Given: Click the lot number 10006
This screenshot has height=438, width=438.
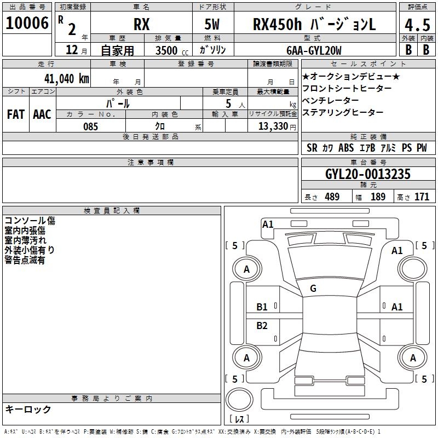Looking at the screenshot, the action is [x=27, y=23].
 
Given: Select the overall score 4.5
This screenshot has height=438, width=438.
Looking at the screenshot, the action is [x=417, y=25].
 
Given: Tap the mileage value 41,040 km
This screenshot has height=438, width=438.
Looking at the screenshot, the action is [x=66, y=79].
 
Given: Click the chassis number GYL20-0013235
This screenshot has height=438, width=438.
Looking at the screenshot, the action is [x=368, y=174].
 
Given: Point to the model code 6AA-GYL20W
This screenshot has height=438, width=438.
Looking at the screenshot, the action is [x=314, y=50].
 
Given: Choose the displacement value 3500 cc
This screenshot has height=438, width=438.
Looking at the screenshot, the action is [x=172, y=50].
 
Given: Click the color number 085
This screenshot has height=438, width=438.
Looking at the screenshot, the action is [x=90, y=126].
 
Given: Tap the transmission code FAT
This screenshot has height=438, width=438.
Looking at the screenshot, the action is [x=16, y=114].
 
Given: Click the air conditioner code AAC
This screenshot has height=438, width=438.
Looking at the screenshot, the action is [x=42, y=114].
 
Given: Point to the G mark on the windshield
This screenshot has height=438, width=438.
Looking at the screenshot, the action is [x=313, y=289].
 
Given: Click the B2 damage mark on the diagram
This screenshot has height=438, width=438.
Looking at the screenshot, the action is [x=262, y=325].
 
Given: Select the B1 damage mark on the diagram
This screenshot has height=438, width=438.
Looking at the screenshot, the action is [x=262, y=307].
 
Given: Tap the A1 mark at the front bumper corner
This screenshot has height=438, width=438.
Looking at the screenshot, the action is [x=268, y=224].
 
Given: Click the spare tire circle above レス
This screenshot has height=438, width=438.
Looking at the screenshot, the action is [x=239, y=400].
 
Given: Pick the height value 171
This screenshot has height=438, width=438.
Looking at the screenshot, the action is [x=422, y=197].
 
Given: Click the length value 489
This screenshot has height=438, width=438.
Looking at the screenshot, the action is [x=332, y=197].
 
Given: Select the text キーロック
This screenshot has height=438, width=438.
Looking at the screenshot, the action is [x=28, y=409].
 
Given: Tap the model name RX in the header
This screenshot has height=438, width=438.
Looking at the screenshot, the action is [x=142, y=25].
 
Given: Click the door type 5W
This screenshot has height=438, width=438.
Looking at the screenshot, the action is [x=212, y=24].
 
